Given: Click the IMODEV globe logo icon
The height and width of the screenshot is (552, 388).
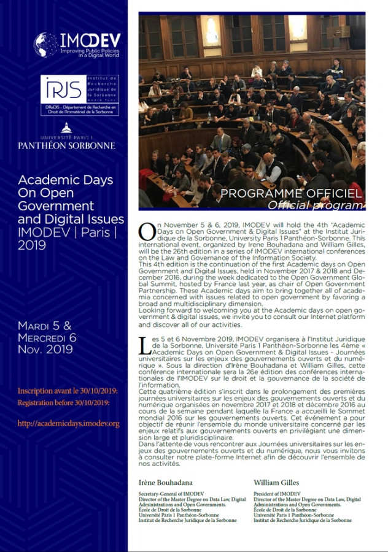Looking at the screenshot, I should coord(45,44).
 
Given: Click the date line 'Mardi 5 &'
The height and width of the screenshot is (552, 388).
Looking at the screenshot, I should coord(45,325).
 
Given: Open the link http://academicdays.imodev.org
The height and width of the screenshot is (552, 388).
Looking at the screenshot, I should coord(68,423).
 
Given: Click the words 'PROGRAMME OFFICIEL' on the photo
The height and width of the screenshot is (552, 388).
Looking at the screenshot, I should coord(291,194).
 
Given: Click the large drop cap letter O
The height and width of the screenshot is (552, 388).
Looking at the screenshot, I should coord(147,231).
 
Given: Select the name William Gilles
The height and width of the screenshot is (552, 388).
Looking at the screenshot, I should coord(276,483).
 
